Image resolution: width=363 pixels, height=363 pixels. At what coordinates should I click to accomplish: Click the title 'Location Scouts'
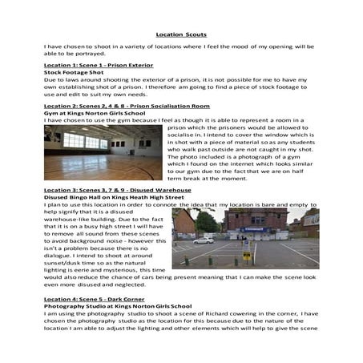(180, 34)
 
